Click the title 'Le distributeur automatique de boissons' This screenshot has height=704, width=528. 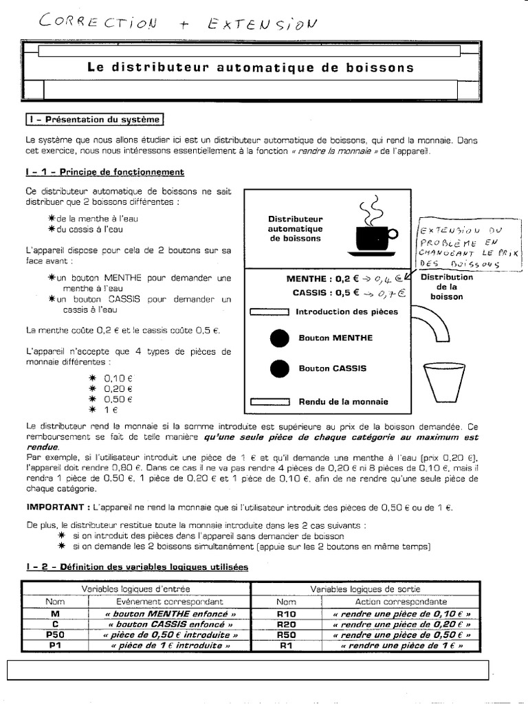251,67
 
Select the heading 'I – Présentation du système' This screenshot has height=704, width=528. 94,120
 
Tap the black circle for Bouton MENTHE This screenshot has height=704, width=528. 279,338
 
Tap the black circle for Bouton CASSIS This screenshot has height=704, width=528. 279,369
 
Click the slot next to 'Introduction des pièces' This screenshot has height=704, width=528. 267,311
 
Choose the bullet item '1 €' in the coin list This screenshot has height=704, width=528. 110,410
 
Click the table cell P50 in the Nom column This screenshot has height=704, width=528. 55,635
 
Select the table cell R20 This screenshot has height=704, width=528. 285,624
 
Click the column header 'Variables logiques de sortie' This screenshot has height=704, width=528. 371,589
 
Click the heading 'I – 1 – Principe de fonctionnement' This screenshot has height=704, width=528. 104,172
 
